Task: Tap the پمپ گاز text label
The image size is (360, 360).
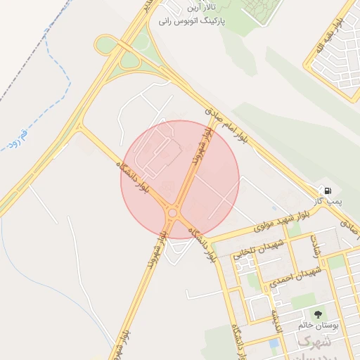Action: [328, 202]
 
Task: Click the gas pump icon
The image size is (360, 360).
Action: [328, 190]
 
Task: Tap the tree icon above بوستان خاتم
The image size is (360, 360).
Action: [319, 314]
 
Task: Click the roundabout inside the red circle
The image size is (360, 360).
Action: [172, 212]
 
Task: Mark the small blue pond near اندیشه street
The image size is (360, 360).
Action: [273, 344]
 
